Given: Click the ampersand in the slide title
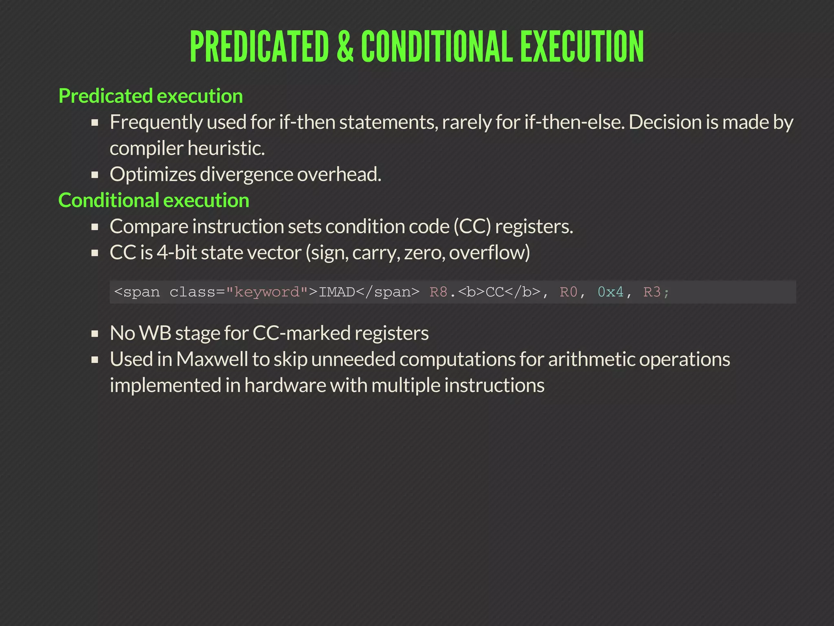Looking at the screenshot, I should (x=345, y=47).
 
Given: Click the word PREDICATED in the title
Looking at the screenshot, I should (x=259, y=47).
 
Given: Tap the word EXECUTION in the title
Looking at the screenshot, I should (x=582, y=47).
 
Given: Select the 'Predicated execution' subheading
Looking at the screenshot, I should (x=151, y=96).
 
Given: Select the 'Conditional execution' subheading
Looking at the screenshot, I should (x=154, y=201).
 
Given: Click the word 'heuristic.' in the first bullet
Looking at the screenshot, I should (x=228, y=148).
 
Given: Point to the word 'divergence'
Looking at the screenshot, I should (x=246, y=174).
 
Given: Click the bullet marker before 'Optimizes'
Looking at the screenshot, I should (x=95, y=175).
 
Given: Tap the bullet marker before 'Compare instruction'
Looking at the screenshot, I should (x=95, y=227).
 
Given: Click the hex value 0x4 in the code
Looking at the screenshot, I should (x=610, y=292).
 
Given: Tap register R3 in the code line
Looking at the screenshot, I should (x=652, y=292).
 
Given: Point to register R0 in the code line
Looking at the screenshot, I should (x=568, y=292).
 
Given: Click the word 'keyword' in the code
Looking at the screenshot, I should (x=267, y=292).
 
